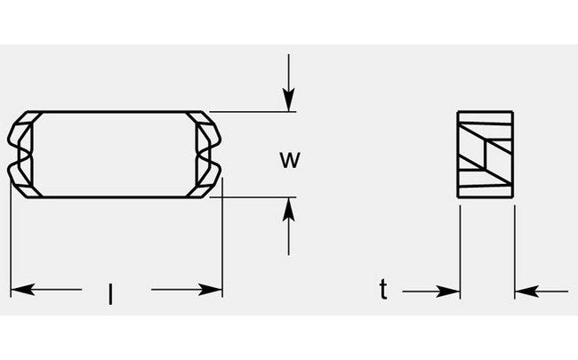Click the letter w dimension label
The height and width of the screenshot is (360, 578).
pyautogui.click(x=287, y=160)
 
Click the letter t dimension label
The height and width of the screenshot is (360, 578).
pyautogui.click(x=383, y=289)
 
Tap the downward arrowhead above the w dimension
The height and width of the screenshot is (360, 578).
pyautogui.click(x=288, y=102)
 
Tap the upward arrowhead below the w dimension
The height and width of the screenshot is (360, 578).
pyautogui.click(x=288, y=208)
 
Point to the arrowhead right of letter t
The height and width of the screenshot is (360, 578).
pyautogui.click(x=449, y=290)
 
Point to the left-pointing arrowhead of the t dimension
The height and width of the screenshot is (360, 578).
pyautogui.click(x=526, y=290)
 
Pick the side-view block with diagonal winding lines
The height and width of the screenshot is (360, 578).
pyautogui.click(x=486, y=156)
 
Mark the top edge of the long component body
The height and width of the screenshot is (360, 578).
pyautogui.click(x=116, y=113)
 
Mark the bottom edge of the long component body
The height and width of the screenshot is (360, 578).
pyautogui.click(x=116, y=197)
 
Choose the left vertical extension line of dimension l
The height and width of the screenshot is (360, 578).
pyautogui.click(x=10, y=249)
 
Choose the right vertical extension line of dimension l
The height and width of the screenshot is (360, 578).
pyautogui.click(x=222, y=240)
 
